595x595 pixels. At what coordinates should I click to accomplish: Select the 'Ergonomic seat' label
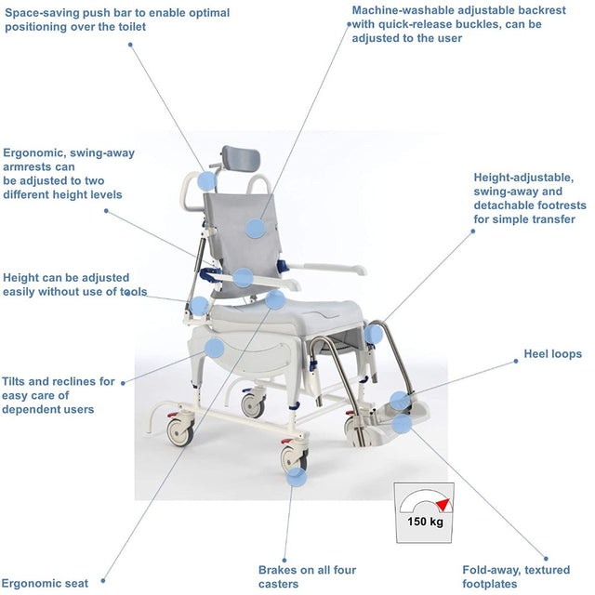[46, 583]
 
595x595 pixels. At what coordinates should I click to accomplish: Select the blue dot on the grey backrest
[256, 226]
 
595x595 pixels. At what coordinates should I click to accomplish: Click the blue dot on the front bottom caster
[296, 477]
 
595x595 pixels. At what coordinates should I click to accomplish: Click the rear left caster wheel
[179, 431]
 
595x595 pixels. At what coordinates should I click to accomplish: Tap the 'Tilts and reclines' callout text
[59, 395]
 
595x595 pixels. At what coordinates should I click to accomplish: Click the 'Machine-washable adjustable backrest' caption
[446, 24]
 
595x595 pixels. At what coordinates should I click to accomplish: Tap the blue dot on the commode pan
[214, 349]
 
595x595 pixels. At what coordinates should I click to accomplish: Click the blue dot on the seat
[274, 299]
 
